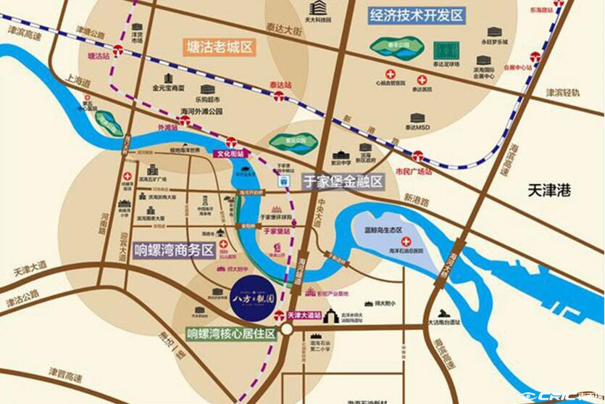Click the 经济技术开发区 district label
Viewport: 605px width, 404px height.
(x=416, y=16)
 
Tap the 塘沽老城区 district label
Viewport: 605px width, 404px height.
(x=219, y=49)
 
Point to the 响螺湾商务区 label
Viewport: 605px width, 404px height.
(x=175, y=250)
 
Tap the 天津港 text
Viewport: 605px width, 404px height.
(x=549, y=191)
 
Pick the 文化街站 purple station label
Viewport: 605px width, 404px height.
(x=231, y=154)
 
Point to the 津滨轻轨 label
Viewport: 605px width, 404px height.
(x=563, y=93)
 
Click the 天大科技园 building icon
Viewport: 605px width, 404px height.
(x=317, y=8)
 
